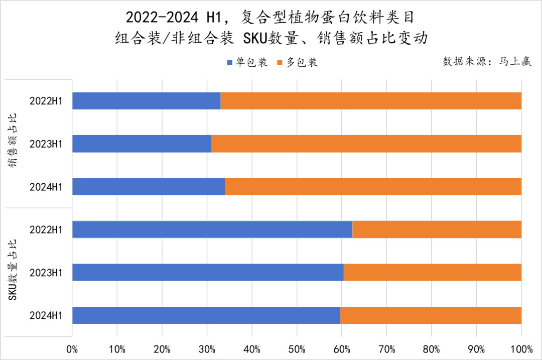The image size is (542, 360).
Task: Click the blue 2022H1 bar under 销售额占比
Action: coord(146,101)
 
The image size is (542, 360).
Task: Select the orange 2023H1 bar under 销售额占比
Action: coord(366,144)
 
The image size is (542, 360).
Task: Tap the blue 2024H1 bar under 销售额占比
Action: coord(149,187)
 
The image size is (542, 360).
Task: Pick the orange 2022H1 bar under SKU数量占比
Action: coord(437,229)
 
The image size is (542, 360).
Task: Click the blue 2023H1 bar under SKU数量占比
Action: coord(208,273)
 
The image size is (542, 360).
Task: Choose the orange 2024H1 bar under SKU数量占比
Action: coord(431,315)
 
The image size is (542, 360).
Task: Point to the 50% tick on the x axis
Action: coord(297,348)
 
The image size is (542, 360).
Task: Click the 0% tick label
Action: coord(72,348)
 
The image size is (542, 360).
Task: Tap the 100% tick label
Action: coord(521,348)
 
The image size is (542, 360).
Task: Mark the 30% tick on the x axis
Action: coord(207,348)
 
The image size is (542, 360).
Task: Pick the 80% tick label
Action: coord(431,348)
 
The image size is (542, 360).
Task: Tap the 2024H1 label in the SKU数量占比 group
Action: coord(46,315)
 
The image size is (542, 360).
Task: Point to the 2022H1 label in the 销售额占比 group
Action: coord(46,101)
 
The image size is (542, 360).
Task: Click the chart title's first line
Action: coord(270,19)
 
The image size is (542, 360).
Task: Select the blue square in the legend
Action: coord(230,63)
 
